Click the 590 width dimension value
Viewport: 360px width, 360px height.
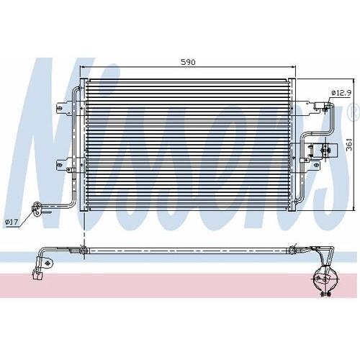pos(188,62)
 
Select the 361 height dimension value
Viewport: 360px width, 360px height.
pos(350,144)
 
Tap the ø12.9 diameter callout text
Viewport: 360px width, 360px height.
pos(341,93)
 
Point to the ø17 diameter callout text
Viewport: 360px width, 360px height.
pos(12,222)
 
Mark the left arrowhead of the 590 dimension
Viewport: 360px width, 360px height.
pos(84,67)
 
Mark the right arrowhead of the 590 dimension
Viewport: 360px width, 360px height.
pos(292,67)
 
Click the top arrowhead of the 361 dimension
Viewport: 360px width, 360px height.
pos(354,81)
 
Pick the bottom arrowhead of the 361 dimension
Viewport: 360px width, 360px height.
pos(354,208)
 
